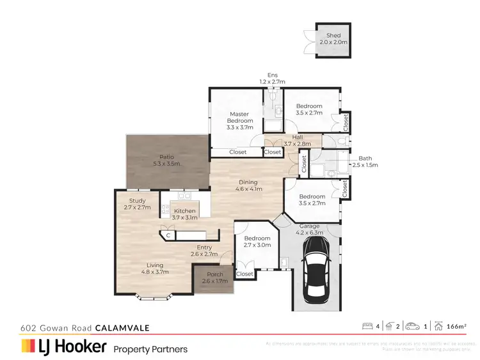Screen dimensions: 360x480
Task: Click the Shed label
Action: click(333, 38)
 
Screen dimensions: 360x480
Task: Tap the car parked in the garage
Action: click(316, 277)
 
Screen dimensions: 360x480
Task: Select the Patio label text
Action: click(166, 160)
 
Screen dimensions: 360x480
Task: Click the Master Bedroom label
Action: click(239, 121)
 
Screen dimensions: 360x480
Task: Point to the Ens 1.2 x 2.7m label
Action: click(271, 78)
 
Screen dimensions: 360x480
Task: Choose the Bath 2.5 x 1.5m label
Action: click(365, 161)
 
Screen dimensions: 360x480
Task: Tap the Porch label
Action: click(214, 278)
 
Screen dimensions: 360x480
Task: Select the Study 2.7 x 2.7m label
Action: click(137, 204)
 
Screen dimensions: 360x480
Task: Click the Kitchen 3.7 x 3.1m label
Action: click(185, 214)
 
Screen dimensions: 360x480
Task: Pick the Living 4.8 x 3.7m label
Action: click(154, 269)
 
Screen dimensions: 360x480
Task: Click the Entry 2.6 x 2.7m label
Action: click(204, 250)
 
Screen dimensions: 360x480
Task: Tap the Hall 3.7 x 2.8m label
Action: click(297, 141)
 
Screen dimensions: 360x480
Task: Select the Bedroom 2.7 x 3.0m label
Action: click(257, 241)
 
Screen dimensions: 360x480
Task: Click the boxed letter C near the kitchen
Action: click(168, 236)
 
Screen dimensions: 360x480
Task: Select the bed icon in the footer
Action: click(367, 327)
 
